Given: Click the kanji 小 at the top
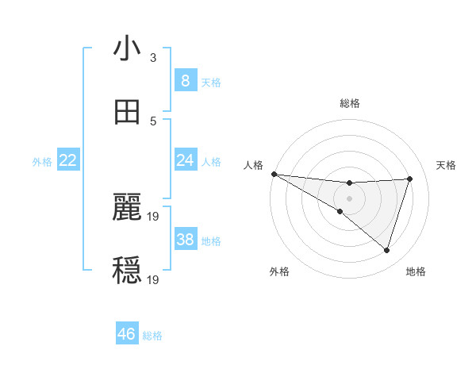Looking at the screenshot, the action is point(127,49).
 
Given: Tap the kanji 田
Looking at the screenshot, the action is point(127,113).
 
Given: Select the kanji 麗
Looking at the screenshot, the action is point(127,208).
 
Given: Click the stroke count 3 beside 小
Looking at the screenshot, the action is point(152,57).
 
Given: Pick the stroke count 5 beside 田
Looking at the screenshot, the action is point(152,121).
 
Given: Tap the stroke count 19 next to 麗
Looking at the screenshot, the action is point(154,216).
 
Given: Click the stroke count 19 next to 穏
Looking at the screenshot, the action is point(154,279).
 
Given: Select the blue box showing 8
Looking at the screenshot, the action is point(185,81).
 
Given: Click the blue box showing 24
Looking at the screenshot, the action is point(185,160).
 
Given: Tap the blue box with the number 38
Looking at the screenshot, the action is point(185,240).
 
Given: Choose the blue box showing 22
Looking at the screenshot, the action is point(68,160).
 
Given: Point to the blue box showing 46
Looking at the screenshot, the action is point(127,334).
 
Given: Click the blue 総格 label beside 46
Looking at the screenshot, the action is point(152,336).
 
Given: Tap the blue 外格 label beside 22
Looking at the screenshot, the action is point(42,162).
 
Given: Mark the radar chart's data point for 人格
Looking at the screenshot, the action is point(274,174).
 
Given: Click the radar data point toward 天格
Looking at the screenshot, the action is point(410,179).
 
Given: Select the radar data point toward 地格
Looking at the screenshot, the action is point(386,251).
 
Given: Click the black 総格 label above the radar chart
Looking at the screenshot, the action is point(350,103).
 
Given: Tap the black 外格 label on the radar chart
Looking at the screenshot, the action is point(279,272).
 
